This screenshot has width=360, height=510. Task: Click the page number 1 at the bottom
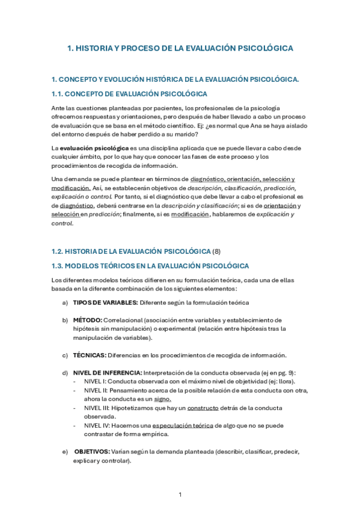point(180,494)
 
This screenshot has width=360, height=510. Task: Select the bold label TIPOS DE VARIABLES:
point(105,302)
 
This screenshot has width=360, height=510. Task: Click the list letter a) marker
point(65,302)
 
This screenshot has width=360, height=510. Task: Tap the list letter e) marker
point(65,451)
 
